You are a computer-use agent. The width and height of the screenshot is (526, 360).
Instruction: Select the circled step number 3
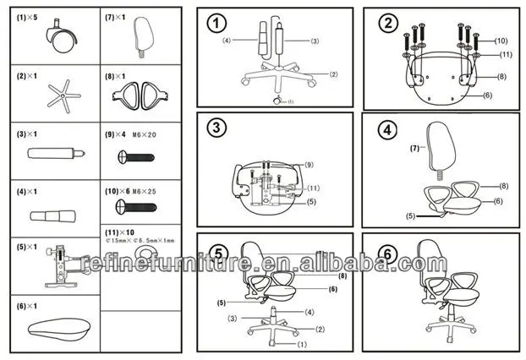point(218,128)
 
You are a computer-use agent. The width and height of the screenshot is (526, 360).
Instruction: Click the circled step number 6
point(386,252)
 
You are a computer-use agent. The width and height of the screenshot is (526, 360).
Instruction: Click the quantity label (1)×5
point(28,16)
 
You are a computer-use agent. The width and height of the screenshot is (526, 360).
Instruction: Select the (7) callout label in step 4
point(415,149)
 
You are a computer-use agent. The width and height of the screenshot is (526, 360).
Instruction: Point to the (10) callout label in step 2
point(500,41)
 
